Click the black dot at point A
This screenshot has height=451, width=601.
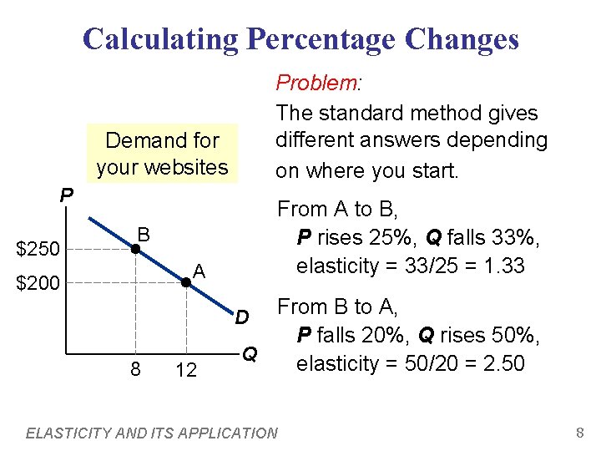pyautogui.click(x=185, y=283)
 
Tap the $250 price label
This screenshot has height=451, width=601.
pyautogui.click(x=38, y=249)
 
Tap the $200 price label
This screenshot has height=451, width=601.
pyautogui.click(x=38, y=284)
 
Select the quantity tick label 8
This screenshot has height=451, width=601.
pyautogui.click(x=134, y=368)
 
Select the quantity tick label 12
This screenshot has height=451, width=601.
pyautogui.click(x=186, y=369)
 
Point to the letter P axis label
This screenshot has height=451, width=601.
pyautogui.click(x=66, y=195)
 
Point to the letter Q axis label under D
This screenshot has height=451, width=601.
pyautogui.click(x=249, y=354)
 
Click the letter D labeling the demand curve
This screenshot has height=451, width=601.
pyautogui.click(x=240, y=317)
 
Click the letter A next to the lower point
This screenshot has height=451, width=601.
pyautogui.click(x=199, y=270)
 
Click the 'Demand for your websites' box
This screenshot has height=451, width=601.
pyautogui.click(x=163, y=154)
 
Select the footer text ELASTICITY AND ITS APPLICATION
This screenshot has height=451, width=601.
pyautogui.click(x=152, y=433)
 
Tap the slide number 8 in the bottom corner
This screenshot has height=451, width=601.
pyautogui.click(x=578, y=433)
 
